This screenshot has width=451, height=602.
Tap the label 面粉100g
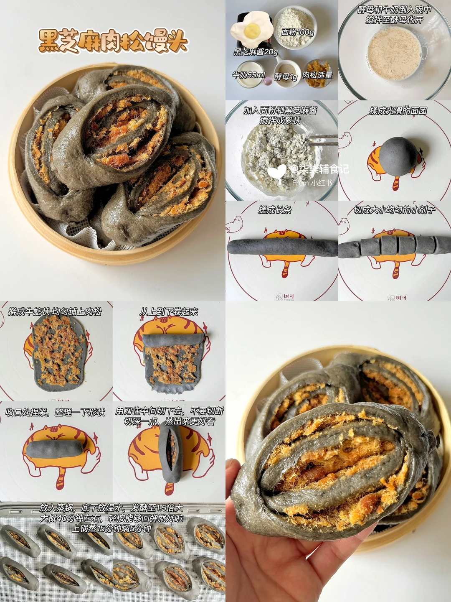click(x=297, y=33)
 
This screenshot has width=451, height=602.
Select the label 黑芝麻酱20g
click(x=256, y=52)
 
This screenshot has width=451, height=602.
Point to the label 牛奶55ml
click(x=248, y=74)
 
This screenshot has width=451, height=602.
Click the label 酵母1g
click(x=286, y=77)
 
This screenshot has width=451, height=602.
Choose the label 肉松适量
click(x=317, y=74)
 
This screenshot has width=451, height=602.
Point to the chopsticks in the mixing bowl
click(x=322, y=140)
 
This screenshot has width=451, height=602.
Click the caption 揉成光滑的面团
click(x=398, y=111)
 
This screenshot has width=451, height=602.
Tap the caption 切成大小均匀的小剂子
click(x=394, y=210)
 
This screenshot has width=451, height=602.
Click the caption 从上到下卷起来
click(x=168, y=311)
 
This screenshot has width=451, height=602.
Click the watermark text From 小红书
click(x=312, y=183)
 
